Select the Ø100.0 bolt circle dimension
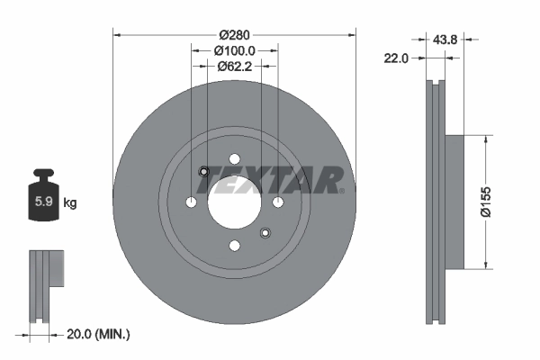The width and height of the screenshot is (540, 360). pyautogui.click(x=234, y=51)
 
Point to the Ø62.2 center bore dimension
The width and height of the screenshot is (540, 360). pyautogui.click(x=234, y=66)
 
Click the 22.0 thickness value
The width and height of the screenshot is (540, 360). pyautogui.click(x=396, y=58)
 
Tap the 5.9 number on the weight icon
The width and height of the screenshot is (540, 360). pyautogui.click(x=42, y=202)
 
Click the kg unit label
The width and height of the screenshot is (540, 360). pyautogui.click(x=70, y=203)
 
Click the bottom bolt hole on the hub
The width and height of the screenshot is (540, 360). pyautogui.click(x=234, y=245)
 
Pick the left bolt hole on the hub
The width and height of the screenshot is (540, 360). pyautogui.click(x=191, y=201)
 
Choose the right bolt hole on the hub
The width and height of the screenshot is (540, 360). pyautogui.click(x=278, y=201)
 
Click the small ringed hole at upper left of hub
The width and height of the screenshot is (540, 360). pyautogui.click(x=203, y=173)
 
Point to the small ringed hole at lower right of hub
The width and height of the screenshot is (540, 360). pyautogui.click(x=265, y=234)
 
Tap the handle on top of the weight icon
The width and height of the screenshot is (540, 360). pyautogui.click(x=42, y=174)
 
